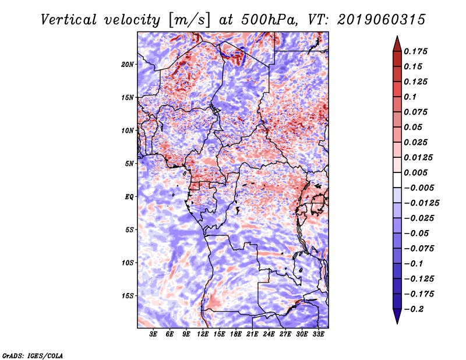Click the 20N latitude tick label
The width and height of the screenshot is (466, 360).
(x=128, y=65)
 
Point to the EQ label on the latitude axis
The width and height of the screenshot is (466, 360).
(x=129, y=197)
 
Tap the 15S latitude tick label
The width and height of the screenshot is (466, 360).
(x=128, y=296)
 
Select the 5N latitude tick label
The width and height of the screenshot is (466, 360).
(x=129, y=164)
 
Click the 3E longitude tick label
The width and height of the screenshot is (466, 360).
(x=153, y=334)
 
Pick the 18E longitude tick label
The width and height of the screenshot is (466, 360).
(x=236, y=334)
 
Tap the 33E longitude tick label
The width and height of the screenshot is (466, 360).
(x=318, y=334)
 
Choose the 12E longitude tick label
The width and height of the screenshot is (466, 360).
(x=203, y=334)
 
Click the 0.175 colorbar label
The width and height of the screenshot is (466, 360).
(x=415, y=51)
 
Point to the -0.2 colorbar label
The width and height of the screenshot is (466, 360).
(x=414, y=309)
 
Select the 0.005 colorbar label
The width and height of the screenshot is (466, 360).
(x=415, y=172)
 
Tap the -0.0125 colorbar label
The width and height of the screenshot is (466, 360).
(x=421, y=203)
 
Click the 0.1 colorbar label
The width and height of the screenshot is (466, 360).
(x=410, y=97)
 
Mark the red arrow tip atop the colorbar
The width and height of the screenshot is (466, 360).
(x=397, y=37)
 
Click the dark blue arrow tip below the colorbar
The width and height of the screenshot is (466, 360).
(x=397, y=323)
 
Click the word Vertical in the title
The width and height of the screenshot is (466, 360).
(x=68, y=20)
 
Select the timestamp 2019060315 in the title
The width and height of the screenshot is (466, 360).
(x=382, y=20)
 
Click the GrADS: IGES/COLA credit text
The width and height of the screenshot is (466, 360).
(x=33, y=355)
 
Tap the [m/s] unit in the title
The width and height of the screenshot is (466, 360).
(x=189, y=20)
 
